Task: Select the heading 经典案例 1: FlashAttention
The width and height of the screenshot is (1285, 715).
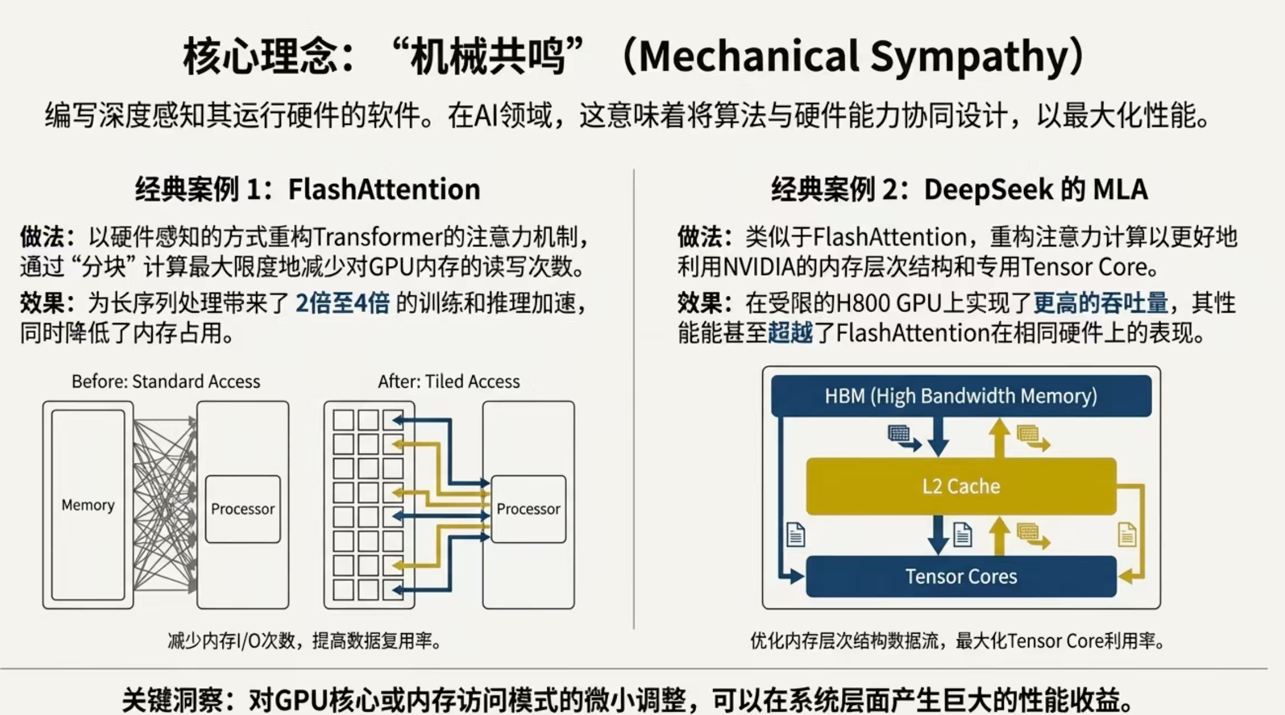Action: tap(308, 189)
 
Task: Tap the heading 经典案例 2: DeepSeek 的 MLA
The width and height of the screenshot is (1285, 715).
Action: tap(959, 189)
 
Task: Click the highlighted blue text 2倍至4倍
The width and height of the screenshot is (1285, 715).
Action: tap(342, 303)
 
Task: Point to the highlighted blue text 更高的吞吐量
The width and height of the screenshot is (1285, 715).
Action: tap(1100, 303)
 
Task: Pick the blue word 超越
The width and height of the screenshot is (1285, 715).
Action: tap(790, 333)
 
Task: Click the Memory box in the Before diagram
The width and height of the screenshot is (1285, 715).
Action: tap(88, 505)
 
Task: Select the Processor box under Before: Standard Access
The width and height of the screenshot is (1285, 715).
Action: tap(243, 509)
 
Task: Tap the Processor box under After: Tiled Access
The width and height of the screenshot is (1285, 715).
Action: tap(528, 509)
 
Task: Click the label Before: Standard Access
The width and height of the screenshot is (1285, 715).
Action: tap(166, 382)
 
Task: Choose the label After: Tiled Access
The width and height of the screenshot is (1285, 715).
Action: tap(449, 382)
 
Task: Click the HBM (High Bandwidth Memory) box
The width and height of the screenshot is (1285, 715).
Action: tap(961, 396)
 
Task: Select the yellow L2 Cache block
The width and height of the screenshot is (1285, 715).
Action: tap(961, 486)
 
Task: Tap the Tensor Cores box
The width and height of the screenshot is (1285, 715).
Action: tap(961, 577)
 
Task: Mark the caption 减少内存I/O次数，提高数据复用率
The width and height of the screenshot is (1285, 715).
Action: tap(304, 640)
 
